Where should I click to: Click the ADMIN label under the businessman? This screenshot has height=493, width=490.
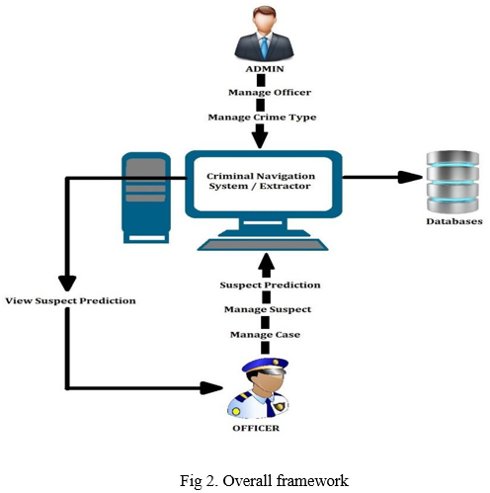pos(265,69)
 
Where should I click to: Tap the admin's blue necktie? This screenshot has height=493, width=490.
pos(265,48)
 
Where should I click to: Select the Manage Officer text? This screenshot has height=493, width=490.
pos(270,93)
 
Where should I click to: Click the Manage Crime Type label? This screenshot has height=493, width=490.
pos(262,118)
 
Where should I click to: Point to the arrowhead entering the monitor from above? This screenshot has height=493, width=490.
pos(260,140)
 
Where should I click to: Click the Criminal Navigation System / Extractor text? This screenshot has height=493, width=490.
pos(261,181)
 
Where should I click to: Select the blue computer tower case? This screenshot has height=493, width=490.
pos(146,198)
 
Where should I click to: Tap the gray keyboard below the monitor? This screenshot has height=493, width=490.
pos(263,245)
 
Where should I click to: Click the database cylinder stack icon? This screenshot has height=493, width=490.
pos(452,182)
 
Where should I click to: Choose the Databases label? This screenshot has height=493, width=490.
pos(454,221)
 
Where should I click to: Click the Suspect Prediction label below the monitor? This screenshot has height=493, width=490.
pos(270,285)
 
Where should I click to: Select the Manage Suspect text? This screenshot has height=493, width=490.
pos(268,309)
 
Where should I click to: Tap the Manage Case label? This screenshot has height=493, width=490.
pos(265,335)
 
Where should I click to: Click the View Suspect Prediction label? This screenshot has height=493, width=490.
pos(70,300)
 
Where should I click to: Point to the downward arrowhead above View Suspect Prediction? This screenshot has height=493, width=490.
pos(67,284)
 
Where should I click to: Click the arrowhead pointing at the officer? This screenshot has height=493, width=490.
pos(211,388)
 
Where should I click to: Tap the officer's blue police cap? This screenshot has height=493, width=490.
pos(266,366)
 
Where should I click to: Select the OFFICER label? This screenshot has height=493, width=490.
pos(256,428)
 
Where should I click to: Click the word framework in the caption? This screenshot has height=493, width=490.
pos(312,481)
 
